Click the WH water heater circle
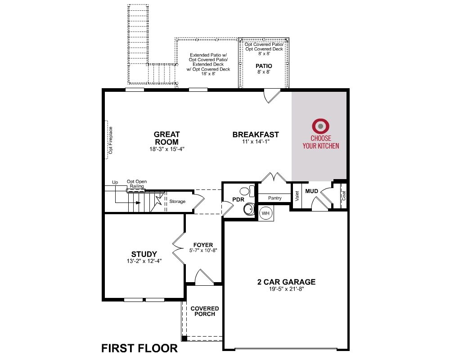[x=265, y=213]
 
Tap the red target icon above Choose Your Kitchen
[x=320, y=126]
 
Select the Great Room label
[x=167, y=138]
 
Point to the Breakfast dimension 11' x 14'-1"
[x=256, y=142]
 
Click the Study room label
[x=144, y=254]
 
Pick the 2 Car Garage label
[x=286, y=282]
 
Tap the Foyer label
[x=203, y=245]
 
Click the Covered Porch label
[x=205, y=311]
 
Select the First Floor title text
[x=139, y=348]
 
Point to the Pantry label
[x=274, y=198]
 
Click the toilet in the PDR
[x=247, y=191]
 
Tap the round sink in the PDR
[x=249, y=209]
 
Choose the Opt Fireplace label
[x=111, y=140]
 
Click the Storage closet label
[x=177, y=202]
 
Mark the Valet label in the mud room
[x=297, y=196]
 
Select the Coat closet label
[x=343, y=195]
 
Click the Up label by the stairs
[x=115, y=182]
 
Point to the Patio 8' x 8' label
[x=264, y=68]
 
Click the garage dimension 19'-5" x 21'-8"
[x=286, y=289]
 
